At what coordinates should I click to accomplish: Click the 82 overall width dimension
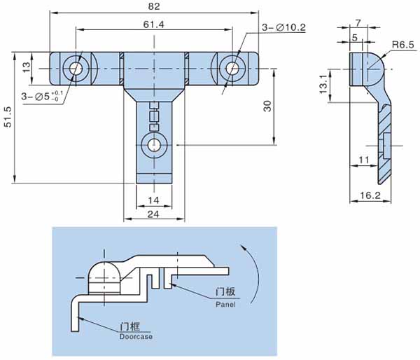pyautogui.click(x=154, y=6)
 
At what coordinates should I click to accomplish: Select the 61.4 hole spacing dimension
pyautogui.click(x=153, y=25)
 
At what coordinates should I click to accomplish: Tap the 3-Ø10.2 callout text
pyautogui.click(x=283, y=27)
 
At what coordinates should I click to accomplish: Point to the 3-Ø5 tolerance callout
pyautogui.click(x=42, y=96)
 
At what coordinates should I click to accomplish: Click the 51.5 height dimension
pyautogui.click(x=8, y=116)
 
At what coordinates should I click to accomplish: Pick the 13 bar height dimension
pyautogui.click(x=27, y=67)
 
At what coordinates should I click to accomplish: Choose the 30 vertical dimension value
pyautogui.click(x=267, y=106)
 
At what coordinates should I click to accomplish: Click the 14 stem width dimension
pyautogui.click(x=153, y=200)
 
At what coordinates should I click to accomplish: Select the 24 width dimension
pyautogui.click(x=153, y=214)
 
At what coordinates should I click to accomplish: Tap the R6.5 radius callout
pyautogui.click(x=403, y=45)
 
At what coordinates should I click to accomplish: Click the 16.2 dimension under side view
pyautogui.click(x=370, y=195)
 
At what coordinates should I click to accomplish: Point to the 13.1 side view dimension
pyautogui.click(x=323, y=84)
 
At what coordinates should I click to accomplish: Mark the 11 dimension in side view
pyautogui.click(x=364, y=160)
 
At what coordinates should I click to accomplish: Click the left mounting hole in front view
pyautogui.click(x=76, y=69)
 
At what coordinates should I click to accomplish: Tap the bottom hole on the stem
pyautogui.click(x=154, y=145)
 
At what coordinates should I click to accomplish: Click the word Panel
pyautogui.click(x=225, y=305)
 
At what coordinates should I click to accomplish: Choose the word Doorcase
pyautogui.click(x=136, y=337)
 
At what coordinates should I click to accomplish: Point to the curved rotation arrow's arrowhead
pyautogui.click(x=243, y=247)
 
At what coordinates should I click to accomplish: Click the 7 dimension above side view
pyautogui.click(x=358, y=23)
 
